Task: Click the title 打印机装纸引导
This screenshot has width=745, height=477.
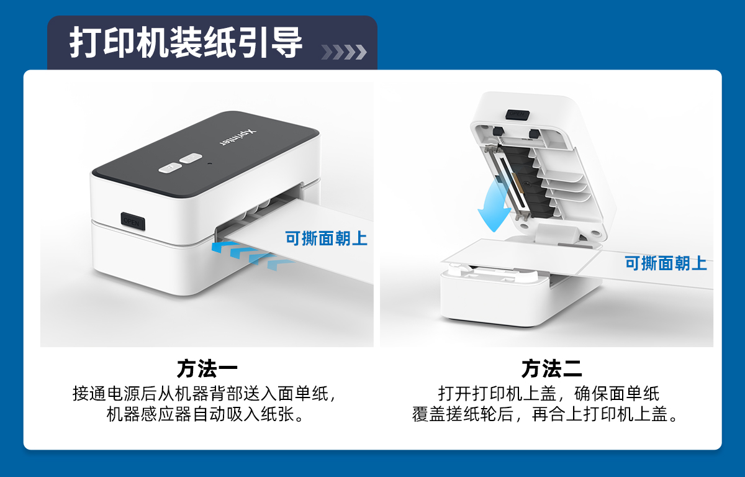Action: coord(186,43)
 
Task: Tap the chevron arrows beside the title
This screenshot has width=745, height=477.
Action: coord(344,52)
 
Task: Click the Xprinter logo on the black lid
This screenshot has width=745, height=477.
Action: coord(238,137)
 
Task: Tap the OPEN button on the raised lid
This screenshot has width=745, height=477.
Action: coord(517,114)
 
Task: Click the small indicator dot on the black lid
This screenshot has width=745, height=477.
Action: coord(210,163)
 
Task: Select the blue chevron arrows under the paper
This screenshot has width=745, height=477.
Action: coord(252,255)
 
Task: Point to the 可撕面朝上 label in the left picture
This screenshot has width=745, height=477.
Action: coord(327,238)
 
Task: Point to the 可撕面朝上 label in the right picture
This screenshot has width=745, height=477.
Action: coord(666,263)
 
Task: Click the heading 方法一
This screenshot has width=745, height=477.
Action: coord(207,368)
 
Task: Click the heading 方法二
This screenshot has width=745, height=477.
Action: coord(551,368)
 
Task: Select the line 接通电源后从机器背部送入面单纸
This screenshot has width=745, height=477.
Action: coord(205,394)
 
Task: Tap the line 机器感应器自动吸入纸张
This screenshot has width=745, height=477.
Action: coord(205,414)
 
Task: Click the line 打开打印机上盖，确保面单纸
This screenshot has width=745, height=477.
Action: coord(549,394)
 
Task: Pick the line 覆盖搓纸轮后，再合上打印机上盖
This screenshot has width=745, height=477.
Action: coord(546,414)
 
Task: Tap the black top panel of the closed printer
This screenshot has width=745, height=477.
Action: coord(205,153)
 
